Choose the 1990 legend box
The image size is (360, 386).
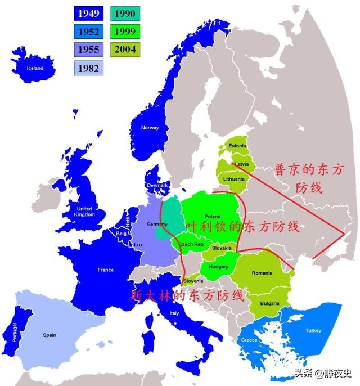coord(125,12)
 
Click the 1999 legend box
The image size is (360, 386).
coord(125,31)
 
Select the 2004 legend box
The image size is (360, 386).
coord(125,49)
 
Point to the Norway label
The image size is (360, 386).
coord(150,128)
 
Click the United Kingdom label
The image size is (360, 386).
coord(84,212)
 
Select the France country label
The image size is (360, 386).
coord(105,270)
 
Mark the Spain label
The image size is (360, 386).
coord(49,335)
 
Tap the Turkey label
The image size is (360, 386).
coord(313,331)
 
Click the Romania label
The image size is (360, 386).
coord(262,273)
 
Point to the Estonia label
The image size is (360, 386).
coord(237,146)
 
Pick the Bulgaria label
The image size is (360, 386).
coord(271,303)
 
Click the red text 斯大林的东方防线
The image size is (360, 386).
coord(188,295)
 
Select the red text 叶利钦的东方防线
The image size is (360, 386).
coord(242,227)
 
